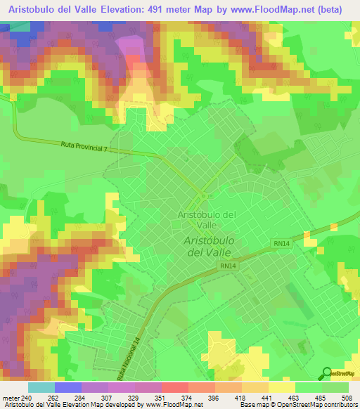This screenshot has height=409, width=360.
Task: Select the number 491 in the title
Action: (179, 9)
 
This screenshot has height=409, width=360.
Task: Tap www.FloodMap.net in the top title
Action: (290, 9)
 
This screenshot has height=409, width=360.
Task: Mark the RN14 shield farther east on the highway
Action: (280, 242)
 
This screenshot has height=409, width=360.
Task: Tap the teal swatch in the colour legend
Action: (41, 387)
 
